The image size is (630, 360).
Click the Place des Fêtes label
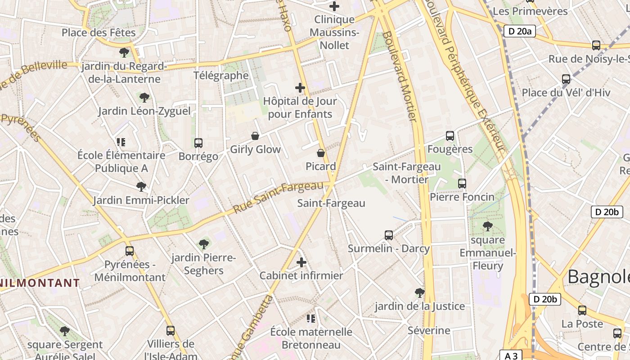(99, 32)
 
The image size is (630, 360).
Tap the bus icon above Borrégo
(198, 143)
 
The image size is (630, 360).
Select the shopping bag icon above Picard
(321, 153)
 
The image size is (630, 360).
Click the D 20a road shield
(519, 31)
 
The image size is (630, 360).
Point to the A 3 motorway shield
(511, 355)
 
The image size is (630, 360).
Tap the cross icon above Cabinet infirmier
(301, 262)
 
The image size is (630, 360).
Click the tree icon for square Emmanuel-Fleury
(487, 226)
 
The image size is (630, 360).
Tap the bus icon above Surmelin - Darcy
(389, 235)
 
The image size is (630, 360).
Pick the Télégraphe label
(221, 75)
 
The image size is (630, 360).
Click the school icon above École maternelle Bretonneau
(310, 319)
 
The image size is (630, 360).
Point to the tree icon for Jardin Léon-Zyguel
(144, 97)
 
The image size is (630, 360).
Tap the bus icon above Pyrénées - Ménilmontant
(130, 251)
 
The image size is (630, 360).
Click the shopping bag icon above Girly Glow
(255, 136)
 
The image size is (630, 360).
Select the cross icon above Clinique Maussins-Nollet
(334, 6)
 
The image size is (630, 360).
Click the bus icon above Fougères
(450, 135)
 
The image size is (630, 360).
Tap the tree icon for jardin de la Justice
(420, 293)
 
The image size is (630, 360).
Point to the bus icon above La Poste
(582, 310)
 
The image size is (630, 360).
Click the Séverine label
(429, 330)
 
